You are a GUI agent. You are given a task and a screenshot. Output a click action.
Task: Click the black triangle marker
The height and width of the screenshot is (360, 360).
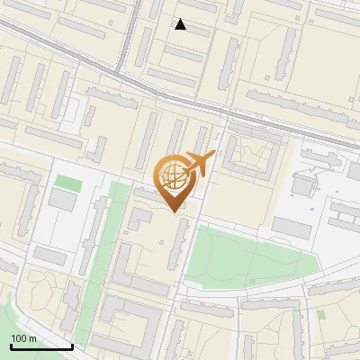click(181, 24)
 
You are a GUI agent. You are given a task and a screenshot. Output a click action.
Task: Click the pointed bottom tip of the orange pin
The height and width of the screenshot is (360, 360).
click(174, 211)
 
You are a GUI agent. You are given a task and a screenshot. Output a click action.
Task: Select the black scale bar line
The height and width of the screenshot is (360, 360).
click(40, 346)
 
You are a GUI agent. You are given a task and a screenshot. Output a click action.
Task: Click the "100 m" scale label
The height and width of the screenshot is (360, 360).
click(24, 338)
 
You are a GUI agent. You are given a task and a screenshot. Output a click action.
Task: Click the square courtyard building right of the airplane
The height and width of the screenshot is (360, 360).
click(246, 155)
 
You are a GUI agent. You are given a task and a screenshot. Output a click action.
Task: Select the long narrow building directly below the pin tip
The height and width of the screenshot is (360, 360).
click(177, 245)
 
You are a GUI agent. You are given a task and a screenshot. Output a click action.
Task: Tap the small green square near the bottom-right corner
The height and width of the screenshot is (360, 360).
click(320, 314)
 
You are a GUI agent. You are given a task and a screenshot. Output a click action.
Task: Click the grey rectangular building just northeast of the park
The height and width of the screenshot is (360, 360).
click(292, 228)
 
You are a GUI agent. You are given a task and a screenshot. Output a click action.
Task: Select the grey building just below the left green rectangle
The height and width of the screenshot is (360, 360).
click(63, 201)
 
